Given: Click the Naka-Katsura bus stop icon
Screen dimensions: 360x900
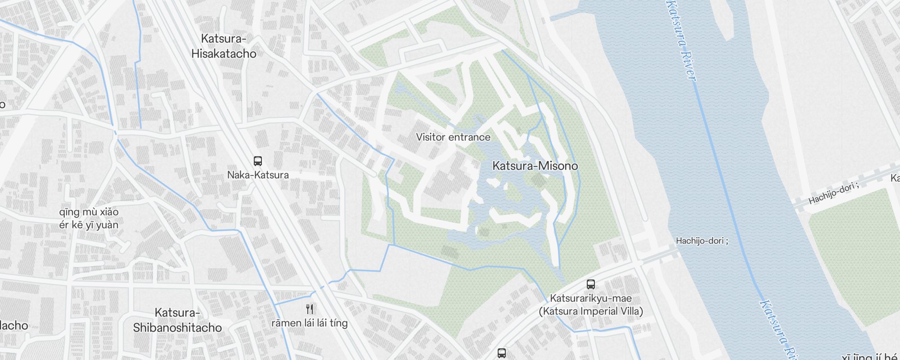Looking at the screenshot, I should [258, 161].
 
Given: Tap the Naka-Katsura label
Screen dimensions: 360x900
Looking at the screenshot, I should [258, 175].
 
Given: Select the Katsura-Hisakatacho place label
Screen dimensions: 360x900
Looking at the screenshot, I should [224, 46].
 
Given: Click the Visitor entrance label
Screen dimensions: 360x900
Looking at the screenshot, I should [453, 137].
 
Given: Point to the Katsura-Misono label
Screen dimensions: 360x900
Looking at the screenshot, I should [535, 166].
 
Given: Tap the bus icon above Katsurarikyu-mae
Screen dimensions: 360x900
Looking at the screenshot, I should [591, 284].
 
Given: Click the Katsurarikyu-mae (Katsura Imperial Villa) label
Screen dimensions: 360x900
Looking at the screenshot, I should [591, 305].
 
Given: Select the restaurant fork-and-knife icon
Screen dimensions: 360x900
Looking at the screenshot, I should [310, 309].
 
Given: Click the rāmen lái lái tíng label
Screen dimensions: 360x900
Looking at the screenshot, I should [310, 323].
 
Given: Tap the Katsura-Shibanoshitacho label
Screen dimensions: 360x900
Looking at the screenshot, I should [177, 320].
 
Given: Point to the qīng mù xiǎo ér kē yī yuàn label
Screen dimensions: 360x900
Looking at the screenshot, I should [89, 218].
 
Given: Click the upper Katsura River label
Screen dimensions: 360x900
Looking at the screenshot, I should [682, 40].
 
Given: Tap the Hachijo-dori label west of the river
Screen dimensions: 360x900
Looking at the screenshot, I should [702, 241].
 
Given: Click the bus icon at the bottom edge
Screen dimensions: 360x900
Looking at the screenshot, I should [502, 353].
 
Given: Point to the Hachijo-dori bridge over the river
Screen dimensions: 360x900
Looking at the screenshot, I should [738, 225].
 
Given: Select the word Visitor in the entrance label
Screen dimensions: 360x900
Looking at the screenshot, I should [431, 137].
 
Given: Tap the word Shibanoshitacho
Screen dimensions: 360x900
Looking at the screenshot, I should [177, 328].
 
